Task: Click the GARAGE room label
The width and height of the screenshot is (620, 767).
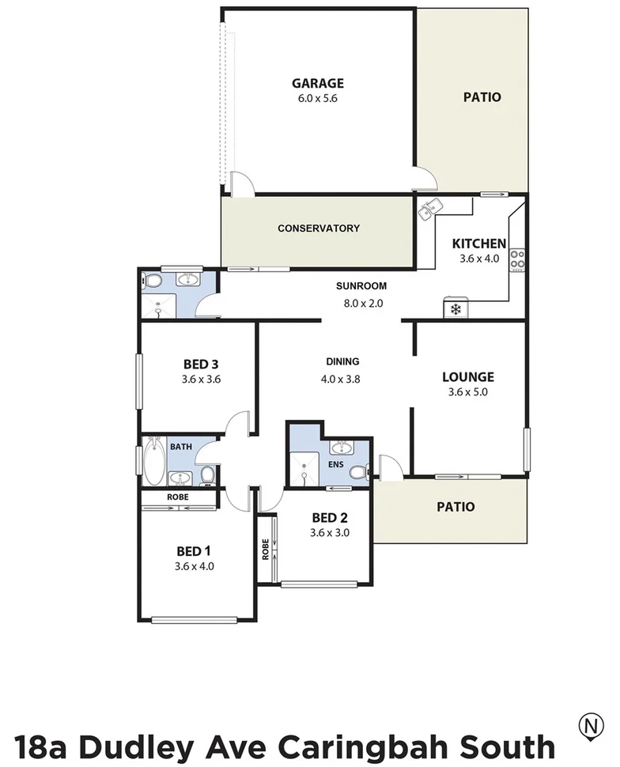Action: pyautogui.click(x=318, y=83)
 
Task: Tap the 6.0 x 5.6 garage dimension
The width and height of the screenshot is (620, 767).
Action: pyautogui.click(x=318, y=99)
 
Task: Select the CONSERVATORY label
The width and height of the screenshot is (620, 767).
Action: pyautogui.click(x=318, y=229)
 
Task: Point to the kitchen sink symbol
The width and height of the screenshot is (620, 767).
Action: pyautogui.click(x=431, y=210)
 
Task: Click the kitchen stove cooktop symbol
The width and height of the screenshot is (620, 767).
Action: pyautogui.click(x=518, y=259)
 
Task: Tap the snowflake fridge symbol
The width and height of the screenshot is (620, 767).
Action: pyautogui.click(x=456, y=308)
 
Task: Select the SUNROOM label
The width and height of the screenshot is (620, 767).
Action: pyautogui.click(x=361, y=286)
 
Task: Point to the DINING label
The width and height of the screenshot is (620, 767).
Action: pyautogui.click(x=342, y=362)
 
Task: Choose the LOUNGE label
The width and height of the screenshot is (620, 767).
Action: pyautogui.click(x=467, y=377)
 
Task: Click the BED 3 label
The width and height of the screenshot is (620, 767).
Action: pyautogui.click(x=200, y=365)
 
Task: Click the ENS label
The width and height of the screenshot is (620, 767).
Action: pyautogui.click(x=336, y=464)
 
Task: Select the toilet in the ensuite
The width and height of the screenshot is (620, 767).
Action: pyautogui.click(x=357, y=472)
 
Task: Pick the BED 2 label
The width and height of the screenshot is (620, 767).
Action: pyautogui.click(x=330, y=518)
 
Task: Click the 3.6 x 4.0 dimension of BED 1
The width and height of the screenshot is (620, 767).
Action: pyautogui.click(x=195, y=566)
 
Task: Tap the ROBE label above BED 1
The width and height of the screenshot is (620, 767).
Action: pyautogui.click(x=177, y=497)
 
